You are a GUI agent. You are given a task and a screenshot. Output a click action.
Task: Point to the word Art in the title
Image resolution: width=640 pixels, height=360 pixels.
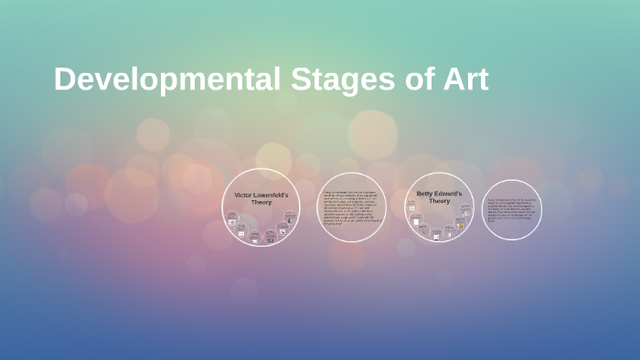click(464, 79)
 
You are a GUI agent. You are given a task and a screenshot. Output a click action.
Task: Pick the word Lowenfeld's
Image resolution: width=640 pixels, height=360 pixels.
click(271, 195)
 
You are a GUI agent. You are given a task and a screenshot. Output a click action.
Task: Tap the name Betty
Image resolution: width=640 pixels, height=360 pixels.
click(425, 194)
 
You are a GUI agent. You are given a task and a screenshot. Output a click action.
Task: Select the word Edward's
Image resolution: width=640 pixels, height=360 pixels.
click(449, 194)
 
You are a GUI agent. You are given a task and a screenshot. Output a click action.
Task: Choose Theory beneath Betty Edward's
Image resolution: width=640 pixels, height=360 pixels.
click(440, 201)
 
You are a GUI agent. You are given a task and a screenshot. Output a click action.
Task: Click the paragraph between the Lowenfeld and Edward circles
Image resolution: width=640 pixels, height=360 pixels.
click(351, 208)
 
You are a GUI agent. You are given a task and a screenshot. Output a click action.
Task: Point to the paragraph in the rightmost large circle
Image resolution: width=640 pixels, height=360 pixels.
click(512, 209)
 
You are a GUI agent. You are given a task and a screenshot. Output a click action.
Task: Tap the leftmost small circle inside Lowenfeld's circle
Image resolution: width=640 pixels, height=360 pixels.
click(232, 218)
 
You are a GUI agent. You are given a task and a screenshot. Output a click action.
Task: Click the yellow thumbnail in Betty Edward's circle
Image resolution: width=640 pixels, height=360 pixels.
click(460, 226)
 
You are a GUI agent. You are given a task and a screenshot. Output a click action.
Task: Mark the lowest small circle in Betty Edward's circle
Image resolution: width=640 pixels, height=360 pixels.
click(437, 236)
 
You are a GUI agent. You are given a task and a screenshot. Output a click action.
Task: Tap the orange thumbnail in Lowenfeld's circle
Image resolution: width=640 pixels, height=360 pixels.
click(241, 233)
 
